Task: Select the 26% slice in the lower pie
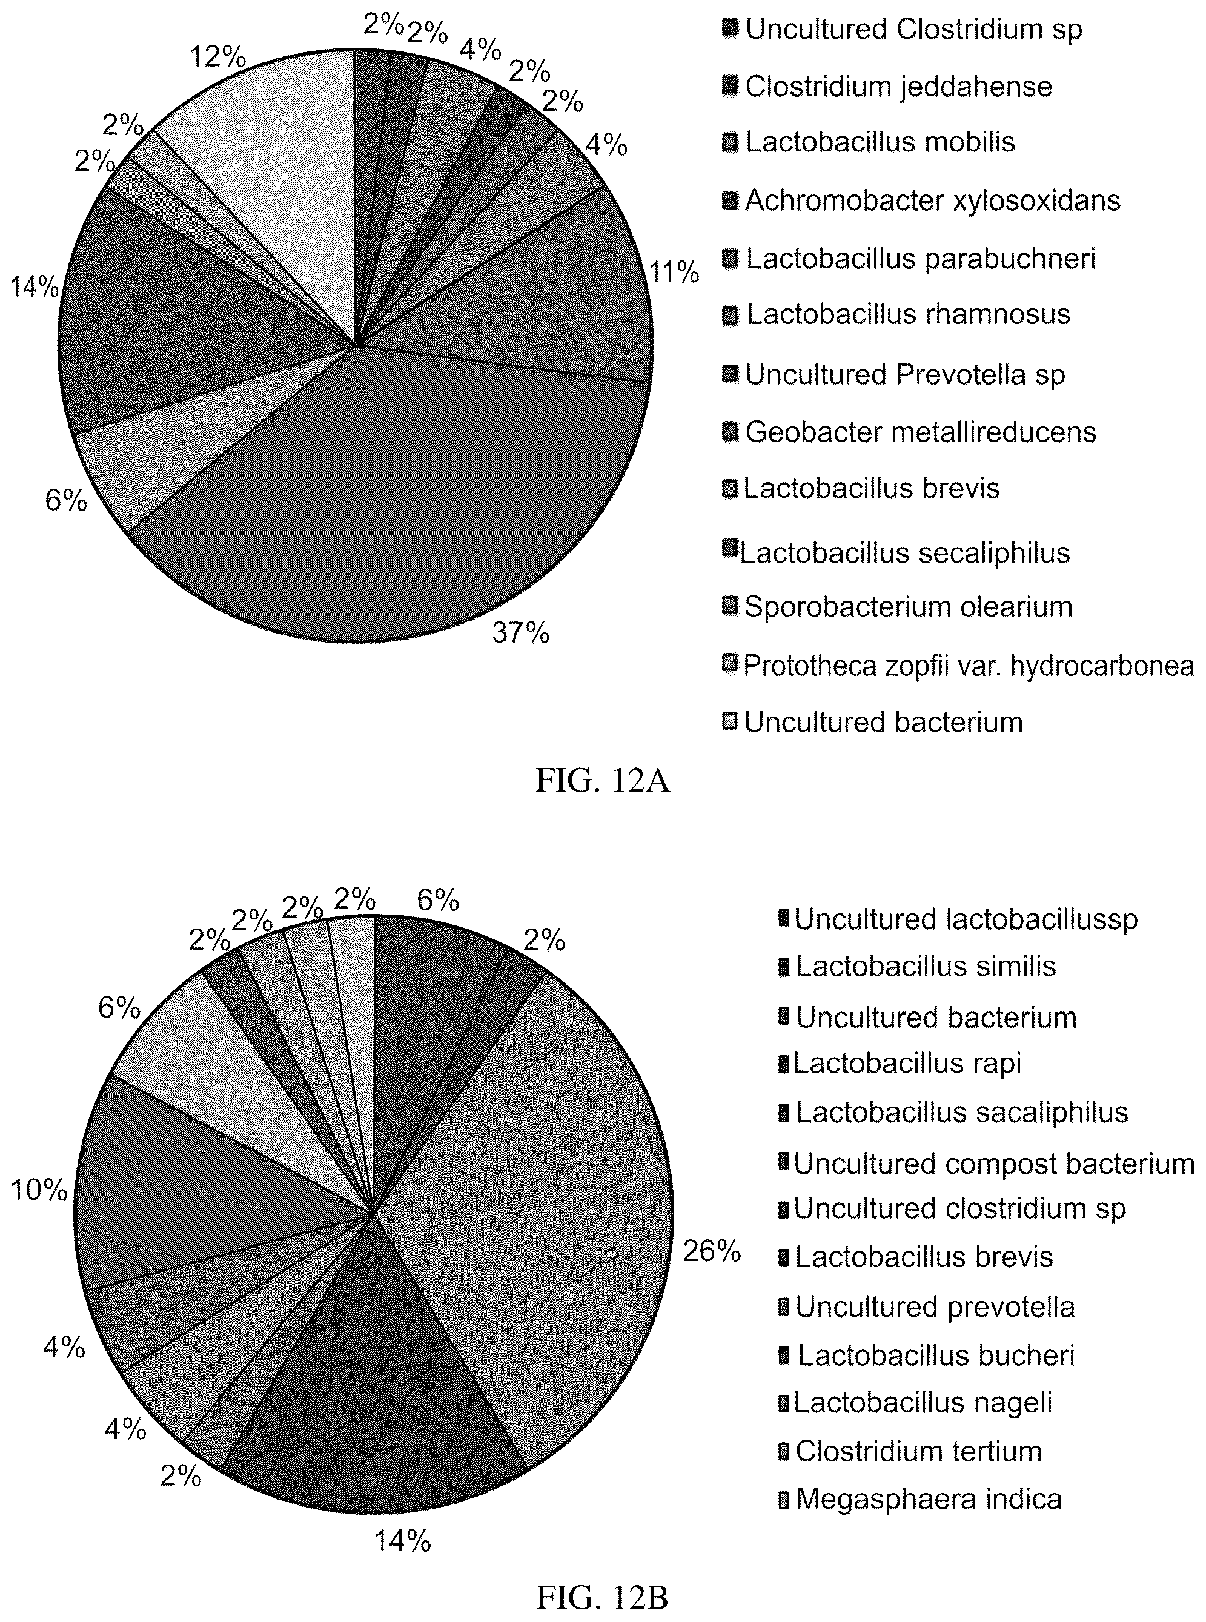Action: [x=540, y=1212]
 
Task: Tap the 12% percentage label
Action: [x=217, y=56]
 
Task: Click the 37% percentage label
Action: [x=520, y=633]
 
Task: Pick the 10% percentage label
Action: [x=39, y=1191]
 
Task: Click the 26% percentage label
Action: [x=712, y=1252]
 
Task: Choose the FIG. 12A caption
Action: [x=603, y=781]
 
